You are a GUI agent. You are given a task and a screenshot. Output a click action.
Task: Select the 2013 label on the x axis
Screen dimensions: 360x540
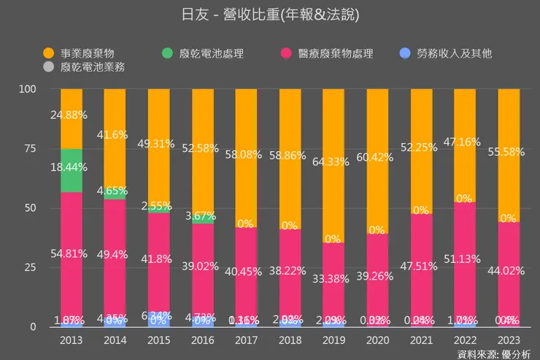pos(72,340)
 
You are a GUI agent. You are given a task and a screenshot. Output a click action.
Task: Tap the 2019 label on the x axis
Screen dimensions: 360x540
pos(333,340)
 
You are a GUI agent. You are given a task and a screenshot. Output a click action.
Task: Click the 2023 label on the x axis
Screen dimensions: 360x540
pos(509,340)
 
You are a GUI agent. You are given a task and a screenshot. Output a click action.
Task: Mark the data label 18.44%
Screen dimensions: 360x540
pos(72,167)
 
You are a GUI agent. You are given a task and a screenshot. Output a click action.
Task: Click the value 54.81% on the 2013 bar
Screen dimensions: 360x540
pos(72,254)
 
